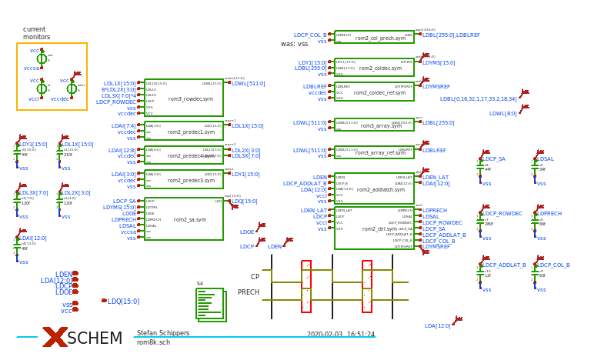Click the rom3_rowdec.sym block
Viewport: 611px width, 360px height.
click(x=183, y=98)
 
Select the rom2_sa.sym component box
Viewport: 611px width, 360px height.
click(x=183, y=219)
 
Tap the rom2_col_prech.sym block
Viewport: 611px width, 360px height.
click(x=374, y=37)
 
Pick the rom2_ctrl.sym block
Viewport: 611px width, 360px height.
click(x=374, y=228)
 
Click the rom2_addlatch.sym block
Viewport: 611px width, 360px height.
click(x=374, y=188)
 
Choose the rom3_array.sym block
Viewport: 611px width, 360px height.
click(x=374, y=125)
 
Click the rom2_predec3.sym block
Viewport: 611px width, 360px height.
click(x=183, y=180)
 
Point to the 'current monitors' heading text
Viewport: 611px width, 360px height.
click(x=36, y=33)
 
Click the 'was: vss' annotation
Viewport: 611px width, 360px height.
click(x=294, y=44)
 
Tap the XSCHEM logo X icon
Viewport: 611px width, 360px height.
click(x=55, y=337)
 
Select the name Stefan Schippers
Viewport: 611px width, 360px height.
click(x=162, y=333)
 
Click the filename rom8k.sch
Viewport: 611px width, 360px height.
click(x=153, y=342)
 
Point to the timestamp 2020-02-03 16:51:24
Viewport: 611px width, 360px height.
click(x=340, y=335)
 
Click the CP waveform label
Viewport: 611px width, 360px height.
click(x=255, y=277)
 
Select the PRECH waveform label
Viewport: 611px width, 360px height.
click(x=249, y=292)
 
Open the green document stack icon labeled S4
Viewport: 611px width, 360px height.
click(x=211, y=305)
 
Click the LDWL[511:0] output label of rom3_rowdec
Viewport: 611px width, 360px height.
click(x=248, y=84)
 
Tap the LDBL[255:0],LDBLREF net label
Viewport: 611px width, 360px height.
click(x=451, y=35)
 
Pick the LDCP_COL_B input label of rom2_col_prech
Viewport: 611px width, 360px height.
click(x=310, y=35)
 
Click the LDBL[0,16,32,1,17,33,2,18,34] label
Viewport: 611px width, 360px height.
click(x=478, y=99)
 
